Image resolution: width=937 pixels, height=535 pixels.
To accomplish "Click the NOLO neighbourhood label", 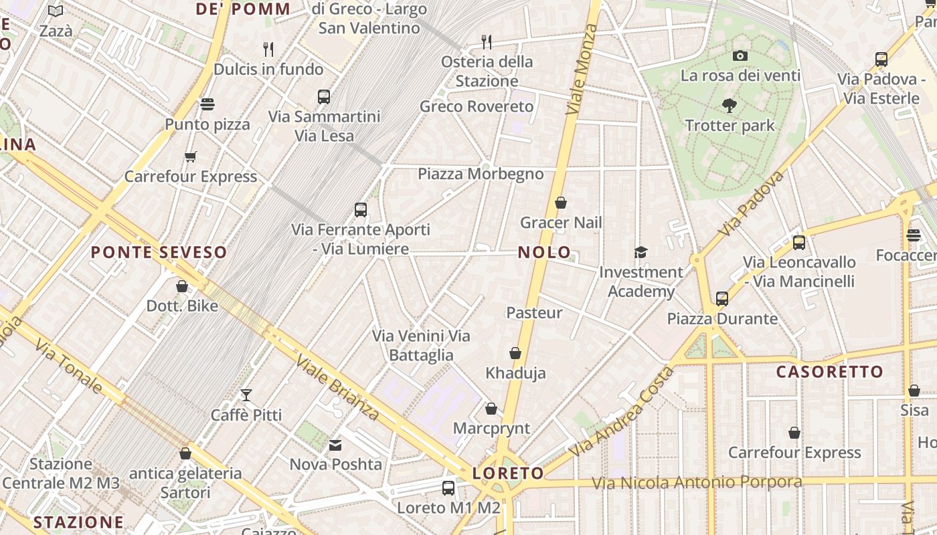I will point(545,253).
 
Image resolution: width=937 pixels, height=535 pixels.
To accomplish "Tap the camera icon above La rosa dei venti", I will point(740,56).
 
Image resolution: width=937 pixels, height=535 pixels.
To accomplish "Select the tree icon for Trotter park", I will point(730,105).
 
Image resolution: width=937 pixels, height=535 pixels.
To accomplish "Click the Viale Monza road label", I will point(580,69).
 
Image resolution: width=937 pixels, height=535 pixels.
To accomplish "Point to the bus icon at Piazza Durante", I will point(722,298).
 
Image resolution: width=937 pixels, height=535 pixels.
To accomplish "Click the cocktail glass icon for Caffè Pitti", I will point(246,395).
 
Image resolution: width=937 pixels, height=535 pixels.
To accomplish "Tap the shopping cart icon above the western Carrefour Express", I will point(191,156).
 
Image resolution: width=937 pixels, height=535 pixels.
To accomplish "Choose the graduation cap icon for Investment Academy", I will point(641,252).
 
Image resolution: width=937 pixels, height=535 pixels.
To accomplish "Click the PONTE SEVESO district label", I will point(159,253).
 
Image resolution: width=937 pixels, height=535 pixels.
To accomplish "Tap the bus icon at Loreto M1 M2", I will point(448,488).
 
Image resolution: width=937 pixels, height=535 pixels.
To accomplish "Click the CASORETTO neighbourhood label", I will point(830,372).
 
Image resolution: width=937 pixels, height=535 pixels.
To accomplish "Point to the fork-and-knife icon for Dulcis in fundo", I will point(268,49).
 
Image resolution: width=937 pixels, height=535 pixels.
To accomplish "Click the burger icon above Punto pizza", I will point(207,104).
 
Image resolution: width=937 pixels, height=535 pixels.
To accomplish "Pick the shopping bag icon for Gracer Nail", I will point(561,203).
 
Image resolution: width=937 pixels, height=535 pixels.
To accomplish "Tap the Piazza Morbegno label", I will point(481,175).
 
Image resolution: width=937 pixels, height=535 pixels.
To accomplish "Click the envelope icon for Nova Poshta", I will point(335,445).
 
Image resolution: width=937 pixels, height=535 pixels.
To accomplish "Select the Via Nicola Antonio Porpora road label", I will point(697,483).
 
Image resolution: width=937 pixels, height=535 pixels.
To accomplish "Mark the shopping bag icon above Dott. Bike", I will point(182,286).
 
